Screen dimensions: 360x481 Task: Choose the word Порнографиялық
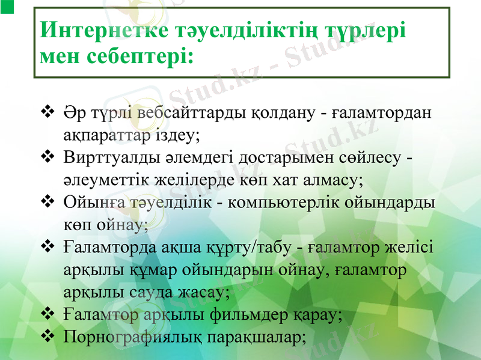coord(132,337)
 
